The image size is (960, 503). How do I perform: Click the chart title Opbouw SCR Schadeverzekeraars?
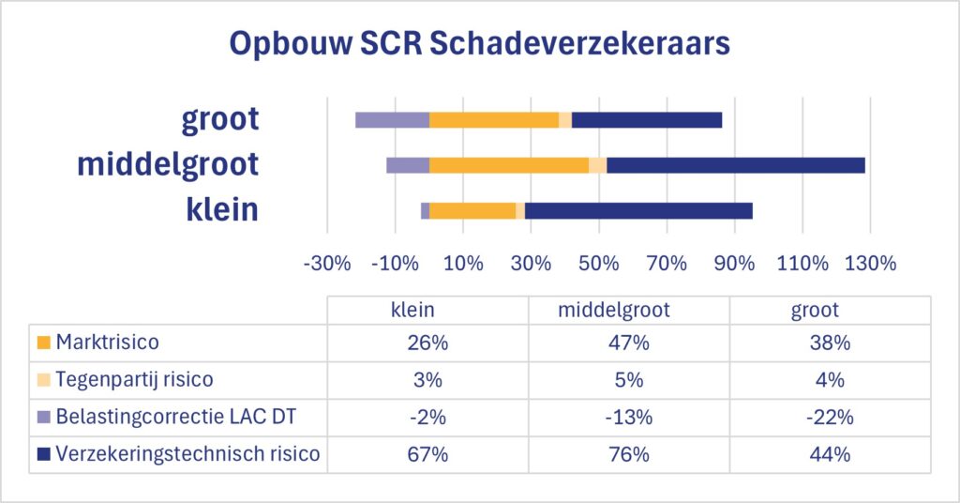(x=479, y=45)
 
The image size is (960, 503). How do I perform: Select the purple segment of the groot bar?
(x=392, y=120)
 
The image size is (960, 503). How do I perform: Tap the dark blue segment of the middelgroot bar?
(x=735, y=165)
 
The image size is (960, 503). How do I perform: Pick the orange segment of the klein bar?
(x=472, y=211)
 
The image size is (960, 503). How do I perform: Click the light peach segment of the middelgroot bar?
(x=597, y=165)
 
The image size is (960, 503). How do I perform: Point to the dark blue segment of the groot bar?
(x=647, y=120)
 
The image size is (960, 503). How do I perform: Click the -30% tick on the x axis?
(x=327, y=263)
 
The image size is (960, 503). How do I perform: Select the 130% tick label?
(x=871, y=263)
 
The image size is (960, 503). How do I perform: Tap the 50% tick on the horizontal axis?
(x=599, y=263)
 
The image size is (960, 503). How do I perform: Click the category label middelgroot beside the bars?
(x=167, y=164)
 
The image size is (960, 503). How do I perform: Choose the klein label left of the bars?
(x=223, y=209)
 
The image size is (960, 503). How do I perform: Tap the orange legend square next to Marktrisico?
(x=43, y=343)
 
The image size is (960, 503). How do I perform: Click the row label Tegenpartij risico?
(x=134, y=380)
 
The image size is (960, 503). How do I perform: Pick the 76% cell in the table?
(x=628, y=455)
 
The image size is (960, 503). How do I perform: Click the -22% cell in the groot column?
(x=830, y=418)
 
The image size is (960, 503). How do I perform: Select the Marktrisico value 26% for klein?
(x=428, y=343)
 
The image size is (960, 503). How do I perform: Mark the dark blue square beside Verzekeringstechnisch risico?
(x=43, y=455)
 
